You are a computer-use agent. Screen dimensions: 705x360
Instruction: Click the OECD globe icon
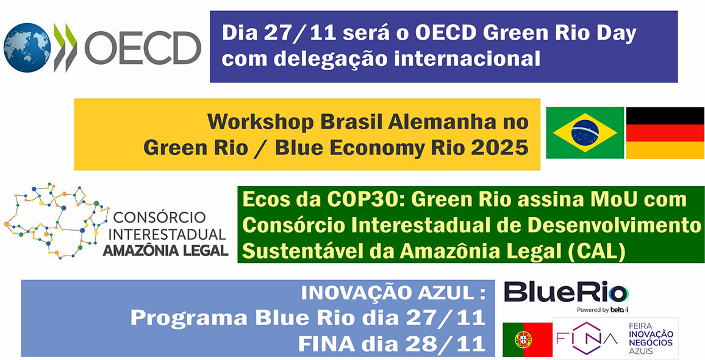pos(27,48)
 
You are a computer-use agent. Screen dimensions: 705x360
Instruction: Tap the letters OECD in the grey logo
pos(143,48)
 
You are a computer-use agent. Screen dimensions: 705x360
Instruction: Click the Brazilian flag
pos(585,133)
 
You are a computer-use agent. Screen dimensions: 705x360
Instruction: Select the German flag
pos(665,133)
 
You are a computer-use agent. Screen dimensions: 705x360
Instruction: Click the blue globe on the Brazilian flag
pos(585,133)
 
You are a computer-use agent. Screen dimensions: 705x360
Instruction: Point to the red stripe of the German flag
pos(665,133)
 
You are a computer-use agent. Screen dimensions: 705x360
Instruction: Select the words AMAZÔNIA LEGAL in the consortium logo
pos(165,250)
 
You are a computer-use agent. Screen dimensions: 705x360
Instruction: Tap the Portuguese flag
pos(528,340)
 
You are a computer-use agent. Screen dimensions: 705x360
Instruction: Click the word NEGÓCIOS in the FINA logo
pos(654,342)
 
